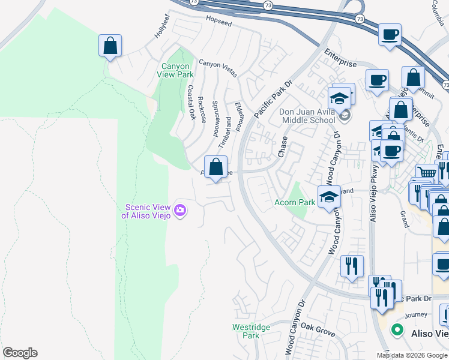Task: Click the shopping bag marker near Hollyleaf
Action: pos(110,46)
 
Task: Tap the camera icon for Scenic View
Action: pos(180,210)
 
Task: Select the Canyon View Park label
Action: pos(175,70)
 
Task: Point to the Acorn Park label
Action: pos(294,202)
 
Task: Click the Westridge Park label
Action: pos(251,331)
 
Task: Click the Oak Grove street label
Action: pos(318,328)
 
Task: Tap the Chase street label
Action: pos(282,146)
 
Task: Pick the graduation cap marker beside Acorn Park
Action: pos(328,197)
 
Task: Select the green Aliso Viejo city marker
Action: pos(396,329)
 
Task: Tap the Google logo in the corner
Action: pos(20,353)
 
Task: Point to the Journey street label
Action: pos(415,314)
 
